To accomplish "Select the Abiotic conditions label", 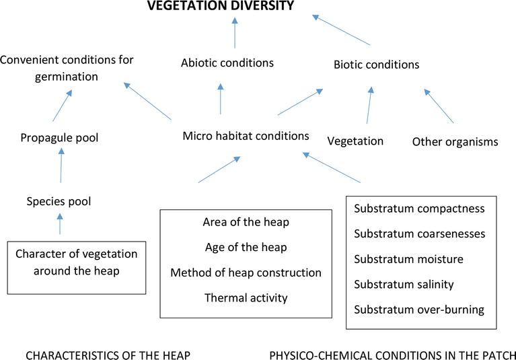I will click(x=227, y=63).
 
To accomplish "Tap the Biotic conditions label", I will click(x=376, y=65).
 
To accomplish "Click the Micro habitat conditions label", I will click(x=246, y=136).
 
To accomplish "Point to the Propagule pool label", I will click(x=59, y=138).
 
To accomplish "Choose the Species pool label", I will click(x=59, y=201).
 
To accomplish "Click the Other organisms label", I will click(x=455, y=142).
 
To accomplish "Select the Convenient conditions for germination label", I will click(x=67, y=68).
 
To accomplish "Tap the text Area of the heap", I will click(x=246, y=222).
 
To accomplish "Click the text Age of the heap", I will click(x=246, y=247).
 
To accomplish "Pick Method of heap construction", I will click(x=246, y=273).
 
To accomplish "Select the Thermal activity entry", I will click(x=246, y=297).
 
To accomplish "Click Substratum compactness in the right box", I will click(x=419, y=209).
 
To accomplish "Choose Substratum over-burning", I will click(x=419, y=310).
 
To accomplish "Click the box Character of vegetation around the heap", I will click(x=76, y=266).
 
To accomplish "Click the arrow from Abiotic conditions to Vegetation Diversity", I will click(x=235, y=34).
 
